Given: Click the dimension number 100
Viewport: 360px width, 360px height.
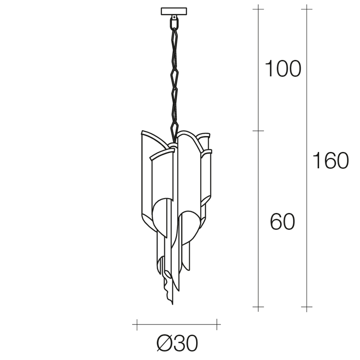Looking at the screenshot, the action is tap(283, 68).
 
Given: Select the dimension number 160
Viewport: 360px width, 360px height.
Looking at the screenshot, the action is tap(331, 161).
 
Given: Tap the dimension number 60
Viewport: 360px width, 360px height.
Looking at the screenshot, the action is tap(282, 221).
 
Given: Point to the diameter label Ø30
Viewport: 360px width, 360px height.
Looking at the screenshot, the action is tap(177, 343).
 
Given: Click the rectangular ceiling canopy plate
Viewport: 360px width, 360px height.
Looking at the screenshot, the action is tap(174, 11).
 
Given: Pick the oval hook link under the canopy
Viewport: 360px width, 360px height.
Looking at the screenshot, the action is tap(174, 23).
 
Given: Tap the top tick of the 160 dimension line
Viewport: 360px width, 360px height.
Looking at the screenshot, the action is tap(307, 9).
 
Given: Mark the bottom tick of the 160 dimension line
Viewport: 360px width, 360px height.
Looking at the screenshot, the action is tap(307, 307).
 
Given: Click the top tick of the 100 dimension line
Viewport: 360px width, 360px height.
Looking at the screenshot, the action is tap(258, 9).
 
